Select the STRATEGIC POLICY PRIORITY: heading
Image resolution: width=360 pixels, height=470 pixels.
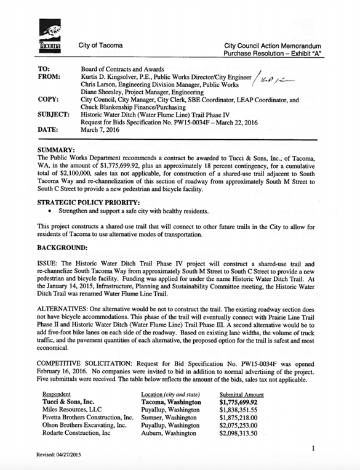85,202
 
